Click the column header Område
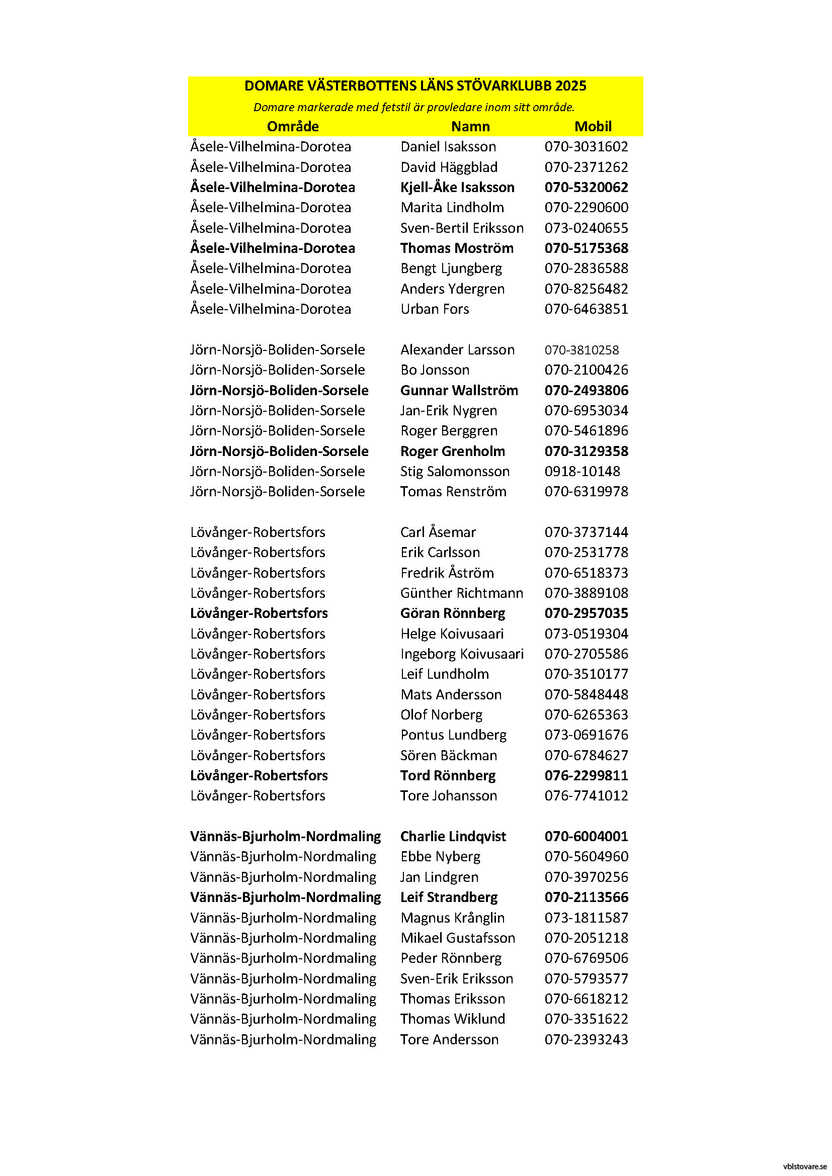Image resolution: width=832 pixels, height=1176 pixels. tap(293, 127)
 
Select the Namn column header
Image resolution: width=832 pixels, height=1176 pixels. tap(470, 127)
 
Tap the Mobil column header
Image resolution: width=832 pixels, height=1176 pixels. tap(593, 127)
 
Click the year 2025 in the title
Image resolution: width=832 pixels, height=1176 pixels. tap(571, 86)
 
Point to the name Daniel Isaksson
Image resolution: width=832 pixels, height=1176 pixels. tap(448, 147)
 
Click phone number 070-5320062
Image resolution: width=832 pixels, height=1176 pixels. tap(586, 188)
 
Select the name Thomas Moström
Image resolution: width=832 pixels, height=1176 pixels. tap(456, 248)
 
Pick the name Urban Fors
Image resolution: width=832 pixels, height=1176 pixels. tap(435, 309)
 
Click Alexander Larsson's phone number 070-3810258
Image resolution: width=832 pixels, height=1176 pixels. tap(581, 350)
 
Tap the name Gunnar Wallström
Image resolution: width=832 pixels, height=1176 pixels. tap(459, 391)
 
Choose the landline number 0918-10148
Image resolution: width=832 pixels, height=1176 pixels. tap(582, 472)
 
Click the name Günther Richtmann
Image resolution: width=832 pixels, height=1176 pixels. tap(462, 593)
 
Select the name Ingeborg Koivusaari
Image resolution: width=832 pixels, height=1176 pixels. tap(462, 654)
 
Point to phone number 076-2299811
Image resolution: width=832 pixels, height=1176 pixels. tap(586, 776)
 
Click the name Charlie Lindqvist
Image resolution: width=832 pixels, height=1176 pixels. tap(453, 837)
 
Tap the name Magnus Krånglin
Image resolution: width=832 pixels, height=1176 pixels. tap(452, 918)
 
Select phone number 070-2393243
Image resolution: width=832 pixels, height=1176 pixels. tap(586, 1040)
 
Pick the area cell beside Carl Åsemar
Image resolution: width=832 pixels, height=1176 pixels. tap(258, 532)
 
